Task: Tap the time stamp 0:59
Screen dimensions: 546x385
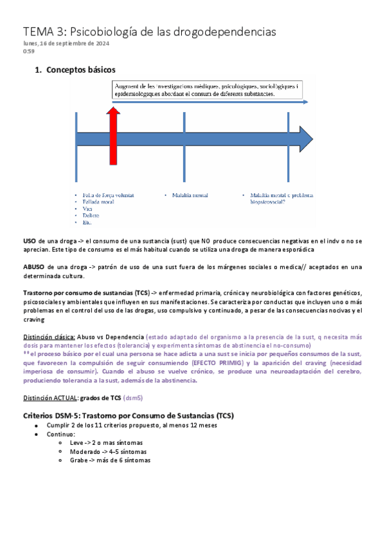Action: coord(29,51)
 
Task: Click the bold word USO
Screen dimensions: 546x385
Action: coord(30,240)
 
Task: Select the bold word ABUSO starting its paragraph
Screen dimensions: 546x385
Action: coord(33,267)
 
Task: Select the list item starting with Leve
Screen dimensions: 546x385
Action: coord(106,443)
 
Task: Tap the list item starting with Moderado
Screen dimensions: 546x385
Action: coord(107,451)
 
